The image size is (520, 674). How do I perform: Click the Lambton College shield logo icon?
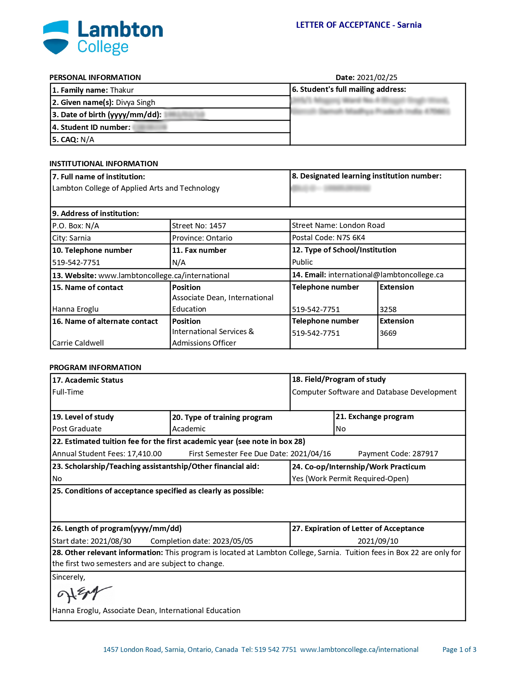click(x=56, y=37)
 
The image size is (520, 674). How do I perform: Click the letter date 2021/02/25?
click(x=377, y=78)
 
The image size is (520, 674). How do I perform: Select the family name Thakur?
click(x=122, y=90)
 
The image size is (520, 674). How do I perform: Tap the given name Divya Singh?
click(x=135, y=103)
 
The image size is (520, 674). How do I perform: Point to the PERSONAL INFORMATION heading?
click(x=95, y=78)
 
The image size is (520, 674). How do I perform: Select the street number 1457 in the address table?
click(x=217, y=226)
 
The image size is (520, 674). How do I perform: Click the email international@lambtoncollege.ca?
click(x=385, y=275)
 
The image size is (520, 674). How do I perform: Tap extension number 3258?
click(x=388, y=310)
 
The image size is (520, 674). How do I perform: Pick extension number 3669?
click(x=388, y=333)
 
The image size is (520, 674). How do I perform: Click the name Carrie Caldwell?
click(x=78, y=343)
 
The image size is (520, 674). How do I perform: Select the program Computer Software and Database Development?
click(x=374, y=392)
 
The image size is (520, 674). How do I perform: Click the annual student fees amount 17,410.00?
click(x=144, y=454)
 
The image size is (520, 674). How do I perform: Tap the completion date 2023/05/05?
click(x=232, y=541)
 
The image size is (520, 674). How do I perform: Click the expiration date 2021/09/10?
click(x=378, y=541)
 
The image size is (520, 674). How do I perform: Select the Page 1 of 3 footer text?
click(x=459, y=649)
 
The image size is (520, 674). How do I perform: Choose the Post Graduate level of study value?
click(x=77, y=429)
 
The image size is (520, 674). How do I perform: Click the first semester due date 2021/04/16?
click(x=310, y=454)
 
